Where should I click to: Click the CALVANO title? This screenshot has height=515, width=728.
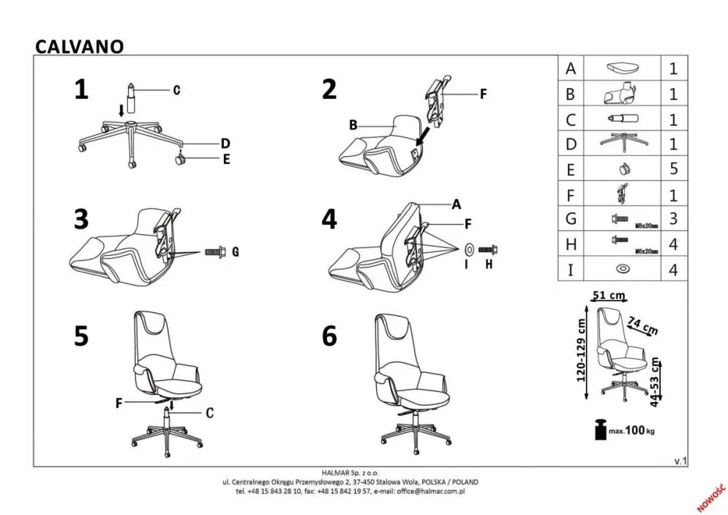pyautogui.click(x=80, y=46)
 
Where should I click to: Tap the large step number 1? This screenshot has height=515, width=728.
pyautogui.click(x=81, y=89)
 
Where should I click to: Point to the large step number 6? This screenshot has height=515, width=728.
pyautogui.click(x=329, y=336)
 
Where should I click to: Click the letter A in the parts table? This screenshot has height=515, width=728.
pyautogui.click(x=571, y=69)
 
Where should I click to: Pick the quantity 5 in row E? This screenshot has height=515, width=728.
pyautogui.click(x=674, y=169)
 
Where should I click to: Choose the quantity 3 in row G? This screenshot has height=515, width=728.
pyautogui.click(x=674, y=219)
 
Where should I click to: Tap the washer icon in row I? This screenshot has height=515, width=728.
pyautogui.click(x=623, y=270)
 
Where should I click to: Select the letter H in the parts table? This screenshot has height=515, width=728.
pyautogui.click(x=571, y=245)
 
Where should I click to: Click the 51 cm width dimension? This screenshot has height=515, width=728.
pyautogui.click(x=608, y=295)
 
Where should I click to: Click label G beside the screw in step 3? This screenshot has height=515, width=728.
pyautogui.click(x=235, y=252)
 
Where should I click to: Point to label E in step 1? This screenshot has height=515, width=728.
pyautogui.click(x=226, y=159)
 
